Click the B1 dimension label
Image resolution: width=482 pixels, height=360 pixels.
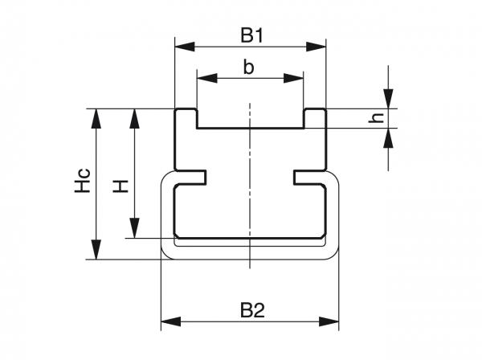click(x=251, y=35)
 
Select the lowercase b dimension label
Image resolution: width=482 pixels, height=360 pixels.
click(x=249, y=67)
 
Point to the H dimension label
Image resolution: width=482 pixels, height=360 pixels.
click(x=120, y=186)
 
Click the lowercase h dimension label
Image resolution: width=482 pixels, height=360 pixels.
click(x=374, y=118)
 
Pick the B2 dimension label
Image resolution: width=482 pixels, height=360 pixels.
click(x=251, y=309)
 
